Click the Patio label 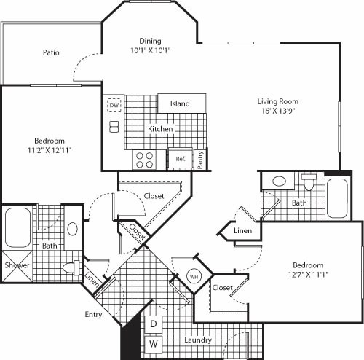[x=50, y=52]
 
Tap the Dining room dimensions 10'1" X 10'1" [x=150, y=52]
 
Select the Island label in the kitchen [x=180, y=103]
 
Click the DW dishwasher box [x=114, y=104]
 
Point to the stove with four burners [x=144, y=159]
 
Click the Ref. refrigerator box [x=179, y=158]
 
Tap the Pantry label [x=202, y=159]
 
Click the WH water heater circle [x=194, y=277]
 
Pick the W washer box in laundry [x=154, y=343]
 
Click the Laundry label [x=198, y=340]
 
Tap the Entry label [x=92, y=315]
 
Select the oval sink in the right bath [x=278, y=181]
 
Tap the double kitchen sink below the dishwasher [x=114, y=127]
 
